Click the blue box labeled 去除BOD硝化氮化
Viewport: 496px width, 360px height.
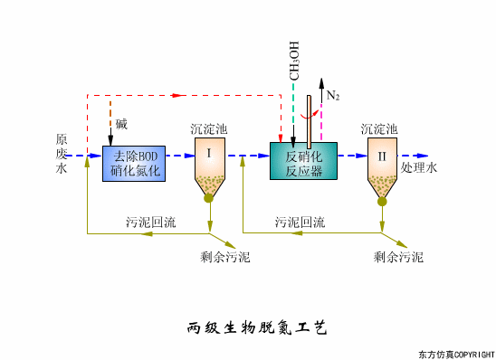[134, 161]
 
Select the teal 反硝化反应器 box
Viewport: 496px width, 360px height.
[303, 160]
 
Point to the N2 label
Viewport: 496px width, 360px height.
[333, 95]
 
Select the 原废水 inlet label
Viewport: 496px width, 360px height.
[62, 154]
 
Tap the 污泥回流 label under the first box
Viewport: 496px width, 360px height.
[151, 222]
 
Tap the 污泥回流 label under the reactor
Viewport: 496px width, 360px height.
[300, 222]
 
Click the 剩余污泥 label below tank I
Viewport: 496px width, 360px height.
[225, 257]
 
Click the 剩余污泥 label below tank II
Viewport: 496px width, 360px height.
[398, 257]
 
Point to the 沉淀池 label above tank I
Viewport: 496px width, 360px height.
[209, 129]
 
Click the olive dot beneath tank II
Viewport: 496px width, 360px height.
[383, 202]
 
